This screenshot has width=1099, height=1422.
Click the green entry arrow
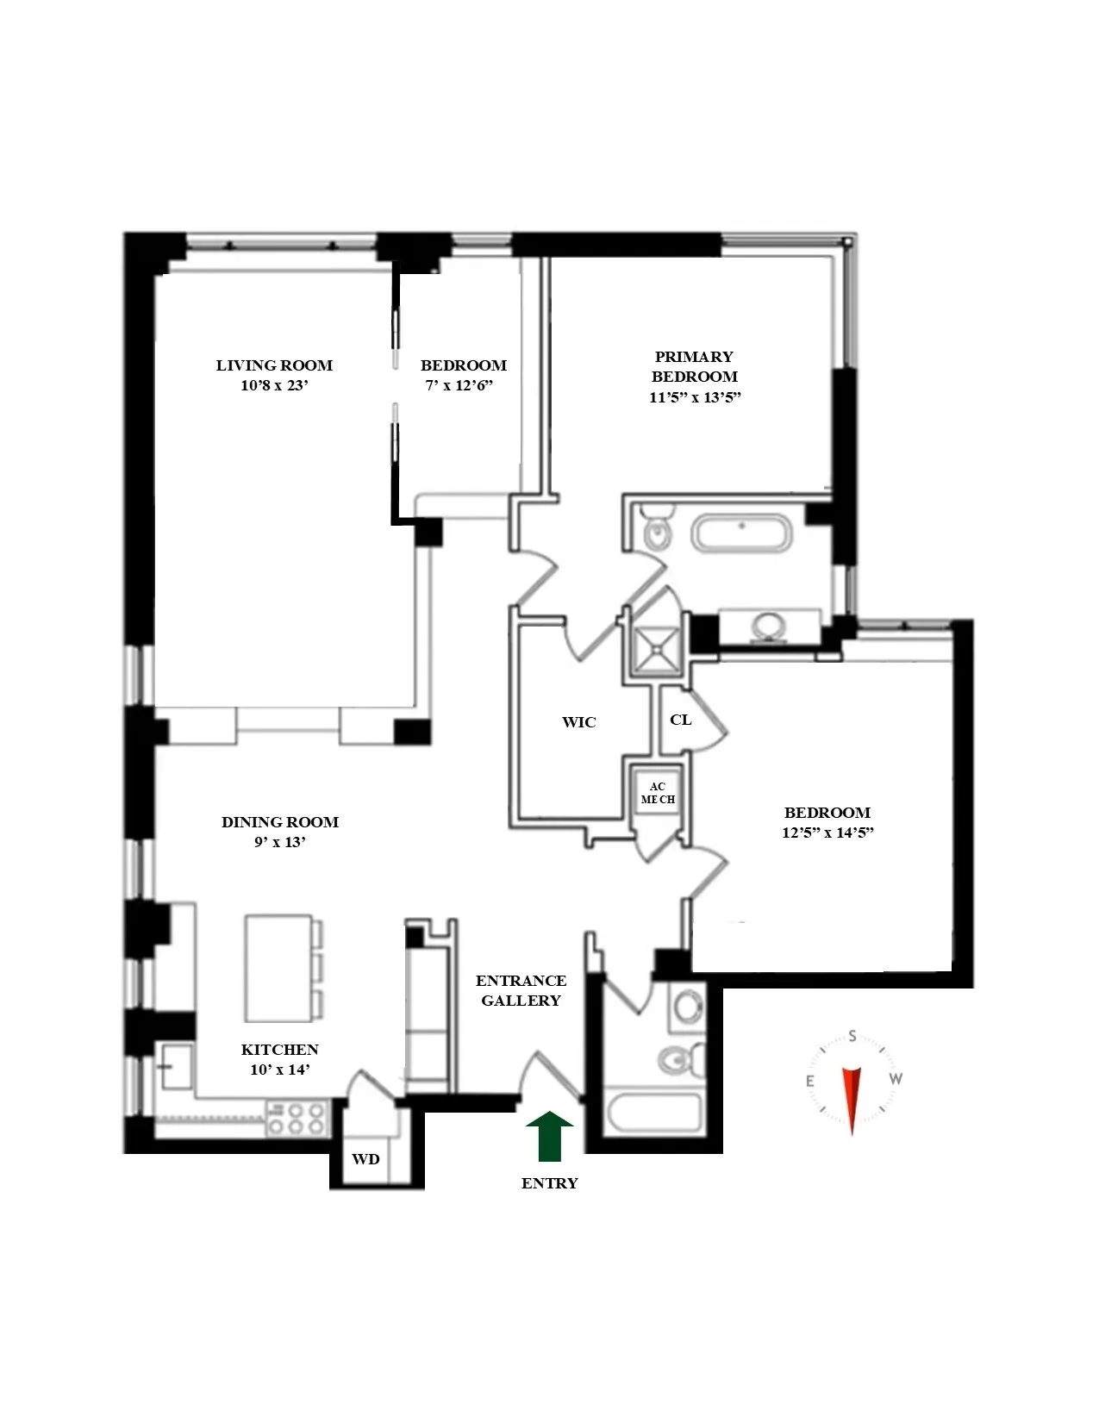[549, 1137]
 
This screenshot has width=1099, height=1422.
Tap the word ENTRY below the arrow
[549, 1183]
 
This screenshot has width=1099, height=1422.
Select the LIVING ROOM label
[274, 365]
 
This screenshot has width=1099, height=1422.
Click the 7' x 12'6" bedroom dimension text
[464, 386]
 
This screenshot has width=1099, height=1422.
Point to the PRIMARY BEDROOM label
[694, 366]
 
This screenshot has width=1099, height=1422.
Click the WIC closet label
[578, 722]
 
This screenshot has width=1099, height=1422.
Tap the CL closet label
[680, 719]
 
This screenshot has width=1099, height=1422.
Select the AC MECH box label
[658, 793]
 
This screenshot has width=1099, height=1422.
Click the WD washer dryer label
[365, 1159]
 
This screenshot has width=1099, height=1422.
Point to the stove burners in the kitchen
[297, 1118]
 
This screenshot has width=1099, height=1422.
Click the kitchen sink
[172, 1069]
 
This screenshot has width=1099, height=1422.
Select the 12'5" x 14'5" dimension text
[827, 833]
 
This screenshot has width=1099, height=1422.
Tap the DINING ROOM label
[280, 822]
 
